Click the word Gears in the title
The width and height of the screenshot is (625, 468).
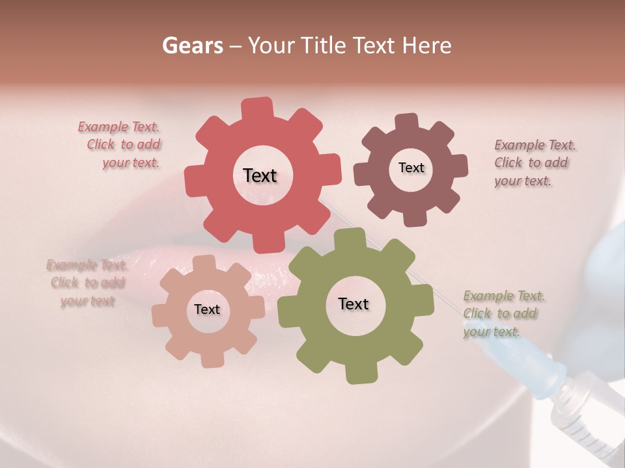click(191, 45)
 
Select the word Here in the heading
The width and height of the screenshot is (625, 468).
click(427, 45)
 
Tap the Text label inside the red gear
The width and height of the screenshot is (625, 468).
click(260, 175)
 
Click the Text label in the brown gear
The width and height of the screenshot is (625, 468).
click(411, 168)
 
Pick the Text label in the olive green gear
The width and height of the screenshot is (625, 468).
click(354, 304)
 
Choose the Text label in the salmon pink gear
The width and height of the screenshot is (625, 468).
click(207, 310)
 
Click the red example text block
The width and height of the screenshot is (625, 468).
click(123, 145)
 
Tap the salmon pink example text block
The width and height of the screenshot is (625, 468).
click(87, 283)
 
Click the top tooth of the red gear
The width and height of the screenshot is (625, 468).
click(257, 108)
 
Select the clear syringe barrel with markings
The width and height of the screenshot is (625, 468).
click(586, 416)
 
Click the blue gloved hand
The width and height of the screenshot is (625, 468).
click(605, 279)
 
